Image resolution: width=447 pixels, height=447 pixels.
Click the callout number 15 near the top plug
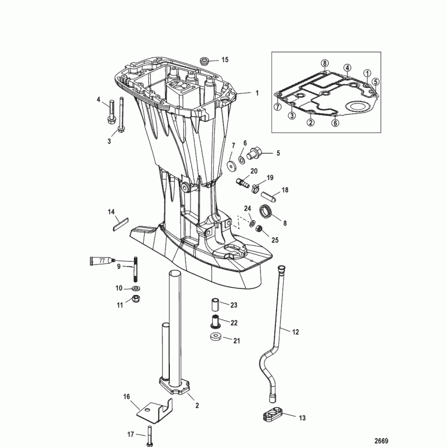225,59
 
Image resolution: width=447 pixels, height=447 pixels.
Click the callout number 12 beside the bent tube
296,332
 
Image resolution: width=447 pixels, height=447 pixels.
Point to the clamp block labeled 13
272,415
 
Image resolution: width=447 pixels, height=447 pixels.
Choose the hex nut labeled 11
136,300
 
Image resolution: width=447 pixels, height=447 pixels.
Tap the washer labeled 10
136,288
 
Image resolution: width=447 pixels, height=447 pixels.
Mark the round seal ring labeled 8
267,212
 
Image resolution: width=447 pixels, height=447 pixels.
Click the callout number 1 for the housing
257,93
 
